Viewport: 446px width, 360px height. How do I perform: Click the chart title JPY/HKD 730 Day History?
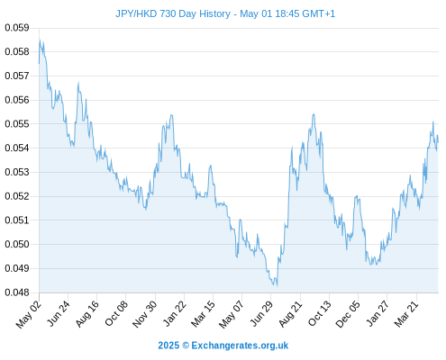173,13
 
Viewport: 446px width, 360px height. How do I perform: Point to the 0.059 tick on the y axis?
17,28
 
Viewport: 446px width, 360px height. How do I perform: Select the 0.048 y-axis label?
17,292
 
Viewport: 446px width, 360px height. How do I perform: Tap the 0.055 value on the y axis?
17,124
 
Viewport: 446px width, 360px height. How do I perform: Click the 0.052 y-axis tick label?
17,196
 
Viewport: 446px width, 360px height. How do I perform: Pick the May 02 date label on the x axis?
29,314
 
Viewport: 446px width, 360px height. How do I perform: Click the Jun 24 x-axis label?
59,313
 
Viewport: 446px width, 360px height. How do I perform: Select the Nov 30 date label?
145,314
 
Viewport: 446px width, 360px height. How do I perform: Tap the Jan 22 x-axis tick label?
175,313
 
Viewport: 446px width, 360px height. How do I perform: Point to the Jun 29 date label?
261,313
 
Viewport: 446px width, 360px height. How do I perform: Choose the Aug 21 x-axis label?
290,314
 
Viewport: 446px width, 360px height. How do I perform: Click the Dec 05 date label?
348,314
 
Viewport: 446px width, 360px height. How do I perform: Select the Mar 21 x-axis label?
406,314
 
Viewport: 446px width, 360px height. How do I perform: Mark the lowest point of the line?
277,285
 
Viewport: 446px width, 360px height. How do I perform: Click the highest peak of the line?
40,40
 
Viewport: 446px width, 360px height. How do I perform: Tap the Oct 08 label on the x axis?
116,313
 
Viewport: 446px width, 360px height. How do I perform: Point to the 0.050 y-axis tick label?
17,244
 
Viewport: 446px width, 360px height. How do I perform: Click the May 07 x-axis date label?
231,314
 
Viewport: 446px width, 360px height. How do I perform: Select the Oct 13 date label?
320,313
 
